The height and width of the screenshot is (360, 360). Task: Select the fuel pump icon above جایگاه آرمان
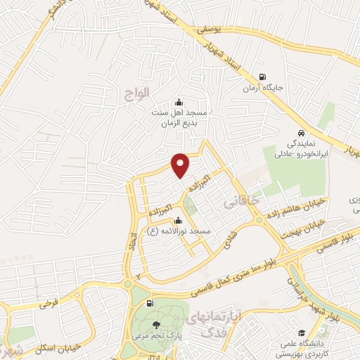(262, 78)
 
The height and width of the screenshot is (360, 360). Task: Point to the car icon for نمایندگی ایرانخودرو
(301, 133)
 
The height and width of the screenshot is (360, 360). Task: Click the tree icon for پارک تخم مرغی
(155, 323)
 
